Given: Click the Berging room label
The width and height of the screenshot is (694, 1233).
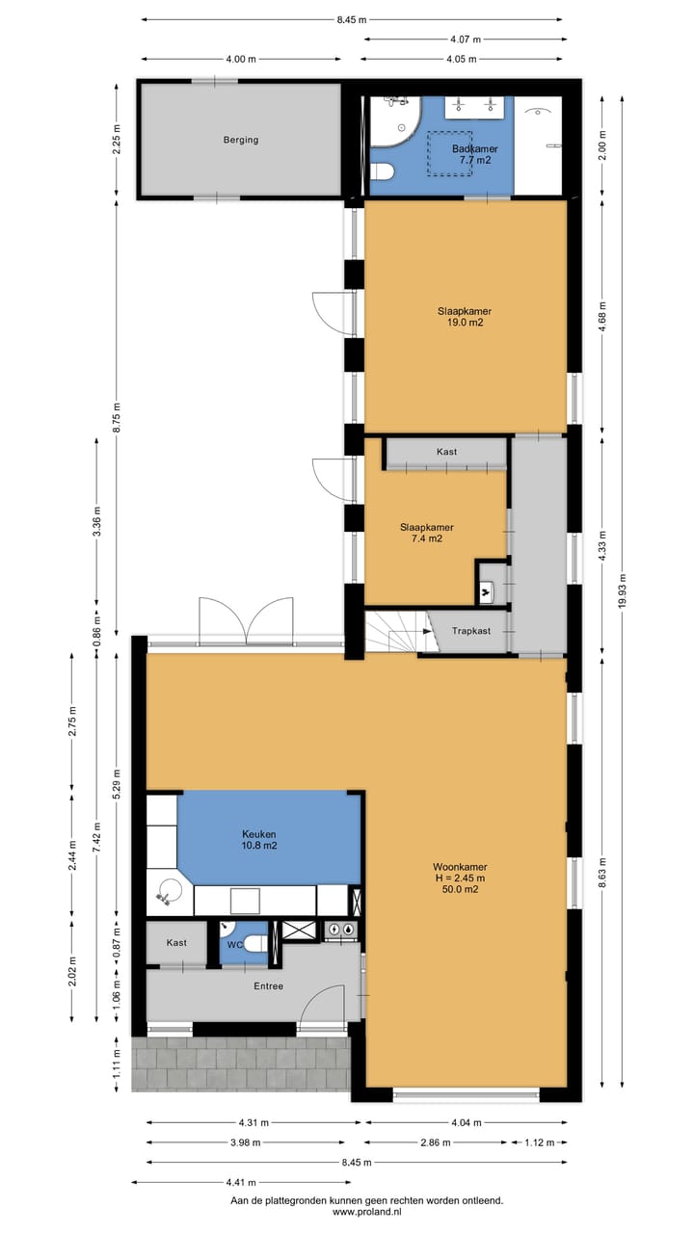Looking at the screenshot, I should (x=240, y=140).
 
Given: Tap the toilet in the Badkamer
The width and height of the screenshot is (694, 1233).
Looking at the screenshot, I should (x=384, y=171).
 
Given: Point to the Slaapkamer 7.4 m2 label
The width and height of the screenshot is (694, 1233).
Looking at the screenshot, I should (x=426, y=533).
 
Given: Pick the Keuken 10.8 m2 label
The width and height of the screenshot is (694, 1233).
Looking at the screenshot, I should (x=259, y=839).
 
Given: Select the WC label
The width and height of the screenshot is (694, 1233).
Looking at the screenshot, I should (x=235, y=945).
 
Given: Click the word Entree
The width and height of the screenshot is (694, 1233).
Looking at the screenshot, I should (x=268, y=985).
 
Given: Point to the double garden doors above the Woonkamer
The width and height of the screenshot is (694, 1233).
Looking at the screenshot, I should (x=246, y=620).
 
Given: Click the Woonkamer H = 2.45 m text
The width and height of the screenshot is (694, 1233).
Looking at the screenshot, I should (x=459, y=877).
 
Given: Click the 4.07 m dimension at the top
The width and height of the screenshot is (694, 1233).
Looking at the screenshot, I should (x=466, y=39).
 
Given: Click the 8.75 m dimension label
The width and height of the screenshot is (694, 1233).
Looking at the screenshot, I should (x=116, y=417).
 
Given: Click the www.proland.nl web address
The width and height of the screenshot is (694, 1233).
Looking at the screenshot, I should (x=366, y=1212).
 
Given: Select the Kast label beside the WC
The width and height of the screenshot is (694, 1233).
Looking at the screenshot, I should (x=176, y=942).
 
